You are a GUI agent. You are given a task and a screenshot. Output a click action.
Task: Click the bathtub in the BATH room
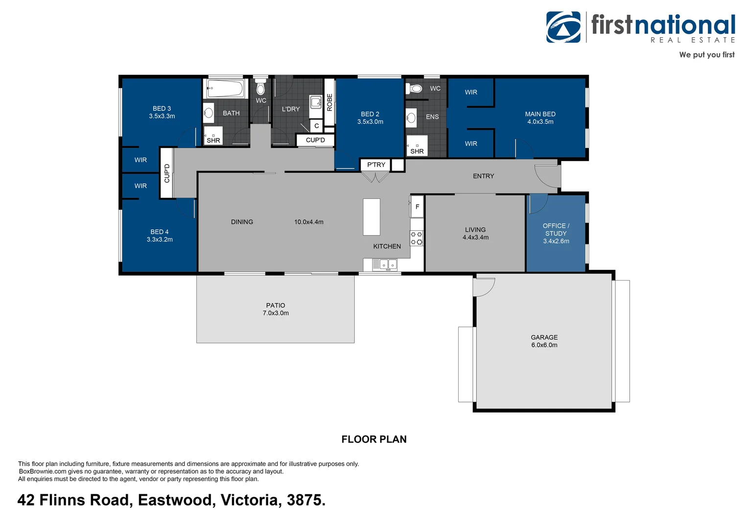[225, 89]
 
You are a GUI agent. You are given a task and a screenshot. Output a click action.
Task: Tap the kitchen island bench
[372, 217]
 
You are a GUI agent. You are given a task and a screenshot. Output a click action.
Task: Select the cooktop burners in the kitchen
[417, 239]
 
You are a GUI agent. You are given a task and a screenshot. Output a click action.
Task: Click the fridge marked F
[417, 207]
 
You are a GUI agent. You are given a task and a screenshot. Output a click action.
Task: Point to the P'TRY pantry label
[376, 165]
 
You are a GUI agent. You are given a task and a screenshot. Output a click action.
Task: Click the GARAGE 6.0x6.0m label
[544, 341]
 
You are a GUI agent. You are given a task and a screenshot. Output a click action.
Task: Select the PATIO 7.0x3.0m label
[276, 309]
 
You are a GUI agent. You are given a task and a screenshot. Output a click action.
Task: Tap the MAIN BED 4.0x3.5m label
[540, 118]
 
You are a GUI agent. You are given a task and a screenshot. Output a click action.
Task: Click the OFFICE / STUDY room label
[556, 233]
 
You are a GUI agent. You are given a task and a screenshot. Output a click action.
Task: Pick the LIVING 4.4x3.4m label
[475, 233]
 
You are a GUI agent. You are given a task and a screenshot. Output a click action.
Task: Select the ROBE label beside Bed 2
[329, 102]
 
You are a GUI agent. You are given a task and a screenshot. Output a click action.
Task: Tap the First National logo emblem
[563, 27]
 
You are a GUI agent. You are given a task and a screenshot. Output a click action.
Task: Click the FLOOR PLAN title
[374, 439]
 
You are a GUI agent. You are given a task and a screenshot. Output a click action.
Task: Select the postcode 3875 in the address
[305, 500]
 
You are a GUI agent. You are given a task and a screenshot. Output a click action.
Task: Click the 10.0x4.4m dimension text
[308, 222]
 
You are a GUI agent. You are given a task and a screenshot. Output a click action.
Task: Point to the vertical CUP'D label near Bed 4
[167, 173]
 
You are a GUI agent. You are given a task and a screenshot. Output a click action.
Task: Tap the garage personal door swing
[484, 286]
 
